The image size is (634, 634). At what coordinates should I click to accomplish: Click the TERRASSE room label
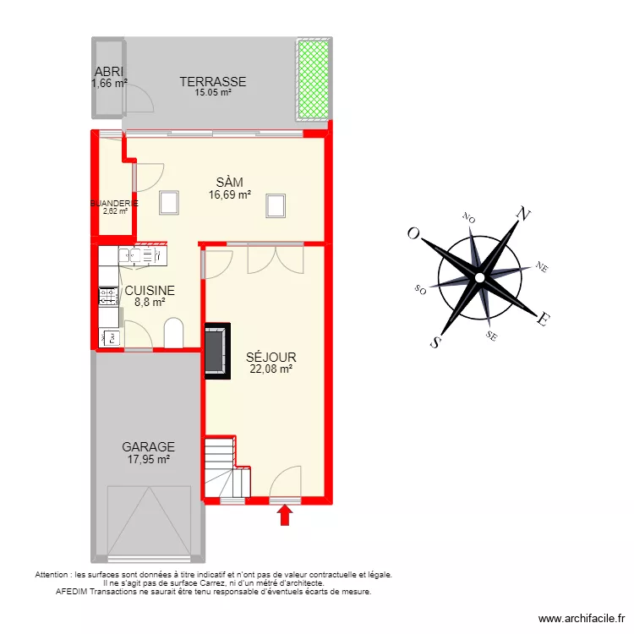click(x=212, y=82)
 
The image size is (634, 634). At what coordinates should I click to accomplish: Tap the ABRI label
click(x=108, y=72)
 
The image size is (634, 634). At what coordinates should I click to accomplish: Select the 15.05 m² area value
click(x=212, y=93)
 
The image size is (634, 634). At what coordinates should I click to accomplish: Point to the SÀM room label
click(x=229, y=183)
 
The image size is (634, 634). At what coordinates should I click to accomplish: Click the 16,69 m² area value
click(x=229, y=194)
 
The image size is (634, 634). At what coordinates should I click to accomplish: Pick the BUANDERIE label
click(x=114, y=204)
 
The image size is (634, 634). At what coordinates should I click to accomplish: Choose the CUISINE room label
click(x=150, y=290)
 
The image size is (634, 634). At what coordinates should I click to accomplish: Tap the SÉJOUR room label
click(x=271, y=357)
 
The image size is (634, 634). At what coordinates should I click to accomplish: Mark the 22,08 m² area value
click(x=271, y=369)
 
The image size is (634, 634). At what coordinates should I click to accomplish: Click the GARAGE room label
click(x=148, y=447)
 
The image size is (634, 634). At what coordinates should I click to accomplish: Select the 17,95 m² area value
click(x=148, y=459)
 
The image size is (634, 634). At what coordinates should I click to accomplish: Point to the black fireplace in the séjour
click(x=215, y=349)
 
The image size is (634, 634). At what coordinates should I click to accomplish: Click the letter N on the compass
click(x=524, y=215)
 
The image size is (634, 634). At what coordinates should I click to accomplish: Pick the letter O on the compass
click(x=413, y=233)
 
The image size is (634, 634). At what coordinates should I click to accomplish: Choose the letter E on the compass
click(x=545, y=319)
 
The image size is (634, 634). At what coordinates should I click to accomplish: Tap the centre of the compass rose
click(x=479, y=276)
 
